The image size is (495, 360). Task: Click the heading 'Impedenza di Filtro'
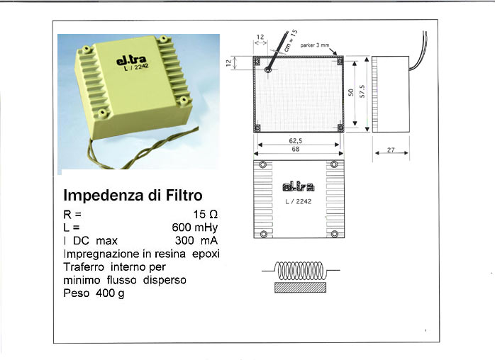[x=133, y=196]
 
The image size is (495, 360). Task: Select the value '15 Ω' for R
[x=206, y=215]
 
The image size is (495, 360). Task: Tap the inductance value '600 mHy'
[x=195, y=227]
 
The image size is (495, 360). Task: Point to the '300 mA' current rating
[x=196, y=240]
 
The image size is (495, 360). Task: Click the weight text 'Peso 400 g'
[x=94, y=293]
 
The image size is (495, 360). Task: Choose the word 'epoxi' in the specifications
[x=206, y=254]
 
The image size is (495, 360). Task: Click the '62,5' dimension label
[x=296, y=141]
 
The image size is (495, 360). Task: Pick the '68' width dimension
[x=296, y=149]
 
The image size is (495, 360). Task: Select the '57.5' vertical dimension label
[x=362, y=91]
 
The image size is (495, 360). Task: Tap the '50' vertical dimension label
[x=351, y=92]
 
